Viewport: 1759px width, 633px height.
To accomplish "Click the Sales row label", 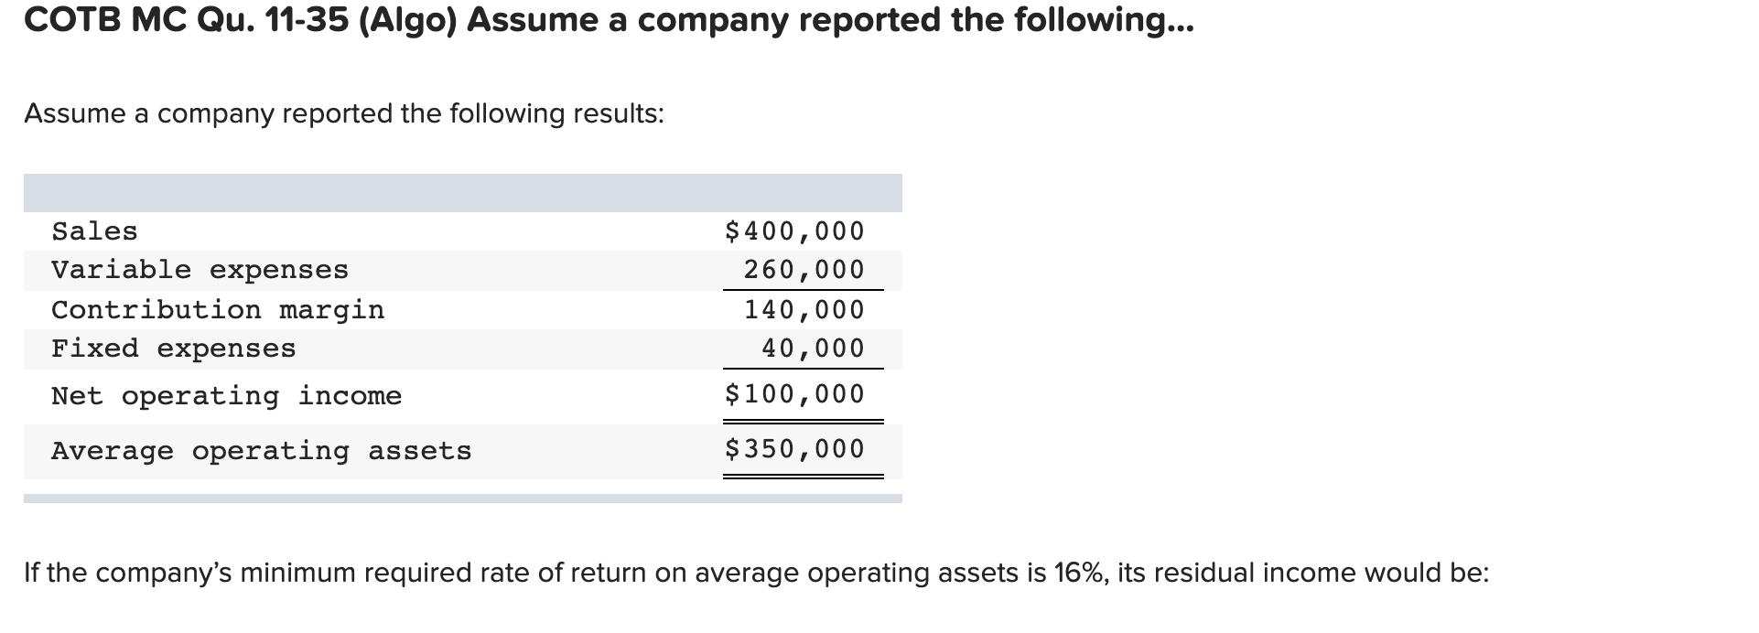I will click(x=94, y=231).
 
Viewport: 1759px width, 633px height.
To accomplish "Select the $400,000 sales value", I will click(x=793, y=231).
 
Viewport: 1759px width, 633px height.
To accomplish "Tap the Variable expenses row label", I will click(x=200, y=270).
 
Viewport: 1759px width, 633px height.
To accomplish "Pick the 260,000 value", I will click(x=804, y=270).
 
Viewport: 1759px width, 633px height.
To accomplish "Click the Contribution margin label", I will click(x=218, y=310).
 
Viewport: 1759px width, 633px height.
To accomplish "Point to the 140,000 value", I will click(x=804, y=310).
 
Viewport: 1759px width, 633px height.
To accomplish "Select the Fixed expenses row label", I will click(x=174, y=349).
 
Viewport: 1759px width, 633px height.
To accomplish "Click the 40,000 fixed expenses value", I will click(x=813, y=349).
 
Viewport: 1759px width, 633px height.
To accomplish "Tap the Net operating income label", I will click(x=226, y=396).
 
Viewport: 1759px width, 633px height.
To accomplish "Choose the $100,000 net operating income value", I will click(x=793, y=394).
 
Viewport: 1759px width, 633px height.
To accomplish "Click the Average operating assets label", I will click(x=261, y=451).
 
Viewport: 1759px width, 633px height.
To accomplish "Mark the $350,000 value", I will click(x=793, y=449).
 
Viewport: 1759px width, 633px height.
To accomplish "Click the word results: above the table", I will click(x=619, y=113).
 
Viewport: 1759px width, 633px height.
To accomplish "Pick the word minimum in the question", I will click(x=298, y=573).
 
